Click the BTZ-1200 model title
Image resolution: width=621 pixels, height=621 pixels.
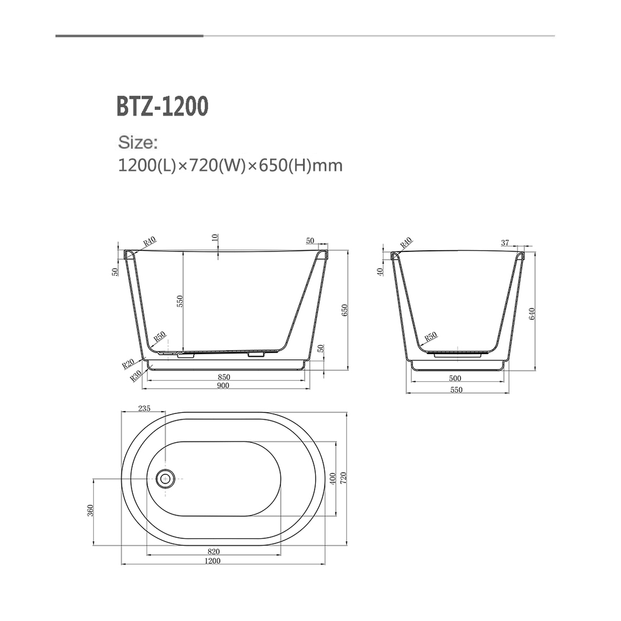(162, 107)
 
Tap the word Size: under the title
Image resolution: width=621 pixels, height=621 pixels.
(137, 142)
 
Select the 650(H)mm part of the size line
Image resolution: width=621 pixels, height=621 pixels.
(301, 166)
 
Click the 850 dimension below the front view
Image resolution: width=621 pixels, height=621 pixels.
(224, 377)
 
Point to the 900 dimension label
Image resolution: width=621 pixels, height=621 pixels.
(224, 386)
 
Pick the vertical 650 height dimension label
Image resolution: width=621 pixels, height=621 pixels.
(345, 311)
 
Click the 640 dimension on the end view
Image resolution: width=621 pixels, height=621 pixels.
(532, 314)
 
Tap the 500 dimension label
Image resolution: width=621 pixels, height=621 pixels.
(455, 379)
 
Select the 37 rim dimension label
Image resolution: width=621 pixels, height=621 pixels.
(506, 242)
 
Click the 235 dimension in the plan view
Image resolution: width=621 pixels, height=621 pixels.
(144, 409)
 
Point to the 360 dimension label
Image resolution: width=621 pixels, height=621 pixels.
(90, 511)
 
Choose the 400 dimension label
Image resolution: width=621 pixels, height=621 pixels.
(332, 478)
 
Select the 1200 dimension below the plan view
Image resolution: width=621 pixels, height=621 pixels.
(212, 561)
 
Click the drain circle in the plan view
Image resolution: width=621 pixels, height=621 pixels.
(166, 478)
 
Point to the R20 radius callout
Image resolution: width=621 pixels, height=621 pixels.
(128, 363)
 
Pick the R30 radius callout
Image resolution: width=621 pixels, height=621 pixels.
(136, 376)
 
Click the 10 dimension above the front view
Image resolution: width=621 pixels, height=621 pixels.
(215, 238)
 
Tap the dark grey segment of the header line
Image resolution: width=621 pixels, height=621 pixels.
(129, 36)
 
